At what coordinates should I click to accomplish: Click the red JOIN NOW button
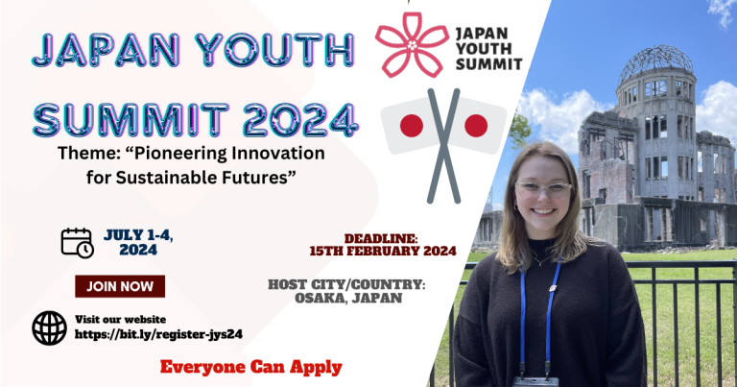(120, 286)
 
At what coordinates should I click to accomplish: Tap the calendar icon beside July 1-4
(77, 242)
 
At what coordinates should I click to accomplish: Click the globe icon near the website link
(49, 327)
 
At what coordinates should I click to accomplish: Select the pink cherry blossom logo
(411, 44)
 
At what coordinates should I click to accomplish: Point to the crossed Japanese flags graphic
(442, 134)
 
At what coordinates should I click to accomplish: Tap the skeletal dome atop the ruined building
(655, 65)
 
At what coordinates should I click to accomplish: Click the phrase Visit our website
(120, 319)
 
